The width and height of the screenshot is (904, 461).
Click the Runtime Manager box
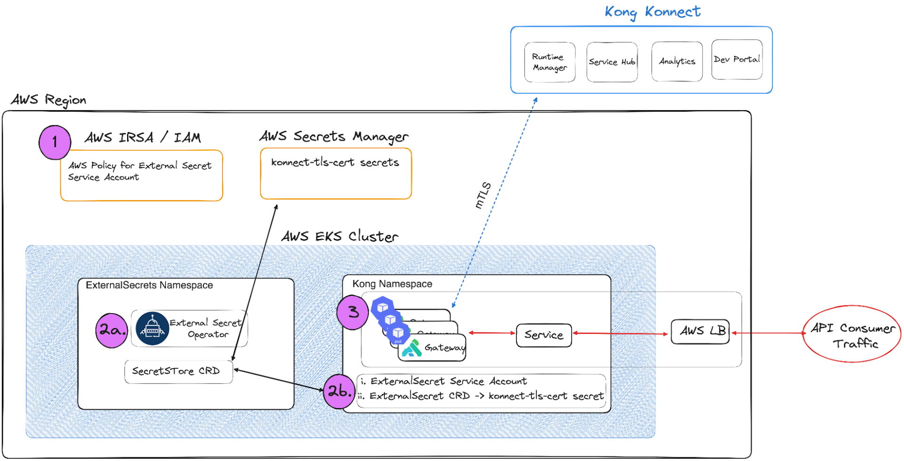(x=549, y=62)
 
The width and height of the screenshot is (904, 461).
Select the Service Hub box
(x=612, y=62)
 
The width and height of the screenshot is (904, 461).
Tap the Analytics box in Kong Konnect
(x=677, y=62)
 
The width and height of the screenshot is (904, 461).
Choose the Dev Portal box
(x=736, y=60)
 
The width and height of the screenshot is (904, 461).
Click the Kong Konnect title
(x=652, y=12)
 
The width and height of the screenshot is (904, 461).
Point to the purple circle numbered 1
(x=55, y=142)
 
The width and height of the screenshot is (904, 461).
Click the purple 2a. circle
(x=112, y=330)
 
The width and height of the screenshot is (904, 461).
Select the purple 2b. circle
(x=339, y=391)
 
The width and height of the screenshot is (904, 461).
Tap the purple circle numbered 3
(x=353, y=312)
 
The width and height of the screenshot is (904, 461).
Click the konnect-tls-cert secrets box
(x=336, y=174)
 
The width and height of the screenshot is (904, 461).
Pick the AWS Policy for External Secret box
(x=141, y=176)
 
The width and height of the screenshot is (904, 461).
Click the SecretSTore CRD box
(x=178, y=372)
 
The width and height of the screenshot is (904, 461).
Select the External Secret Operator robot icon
(x=152, y=329)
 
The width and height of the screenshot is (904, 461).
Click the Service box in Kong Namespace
(x=543, y=335)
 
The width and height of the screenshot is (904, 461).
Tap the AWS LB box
(x=700, y=332)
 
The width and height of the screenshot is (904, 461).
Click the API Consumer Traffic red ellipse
(x=852, y=334)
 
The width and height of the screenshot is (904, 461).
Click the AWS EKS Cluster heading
(x=339, y=236)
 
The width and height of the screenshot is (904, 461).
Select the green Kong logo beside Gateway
(x=412, y=348)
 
